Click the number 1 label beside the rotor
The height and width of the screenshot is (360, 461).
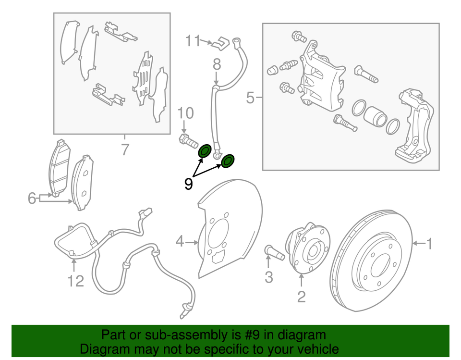point(430,244)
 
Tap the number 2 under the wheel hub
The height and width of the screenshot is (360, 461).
point(301,297)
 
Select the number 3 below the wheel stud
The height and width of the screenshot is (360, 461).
point(269,277)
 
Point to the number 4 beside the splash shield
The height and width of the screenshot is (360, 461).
point(180,242)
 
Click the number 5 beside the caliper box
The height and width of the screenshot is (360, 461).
point(250,98)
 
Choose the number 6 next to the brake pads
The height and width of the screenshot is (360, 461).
point(32,198)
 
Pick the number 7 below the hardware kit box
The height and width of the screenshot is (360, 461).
point(125,150)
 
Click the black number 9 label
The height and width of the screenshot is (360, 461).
point(189,184)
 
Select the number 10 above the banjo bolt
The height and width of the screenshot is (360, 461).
point(186,113)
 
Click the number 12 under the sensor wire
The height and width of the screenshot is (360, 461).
point(75,281)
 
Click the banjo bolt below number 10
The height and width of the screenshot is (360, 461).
point(188,141)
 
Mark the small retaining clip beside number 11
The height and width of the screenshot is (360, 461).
point(220,43)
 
